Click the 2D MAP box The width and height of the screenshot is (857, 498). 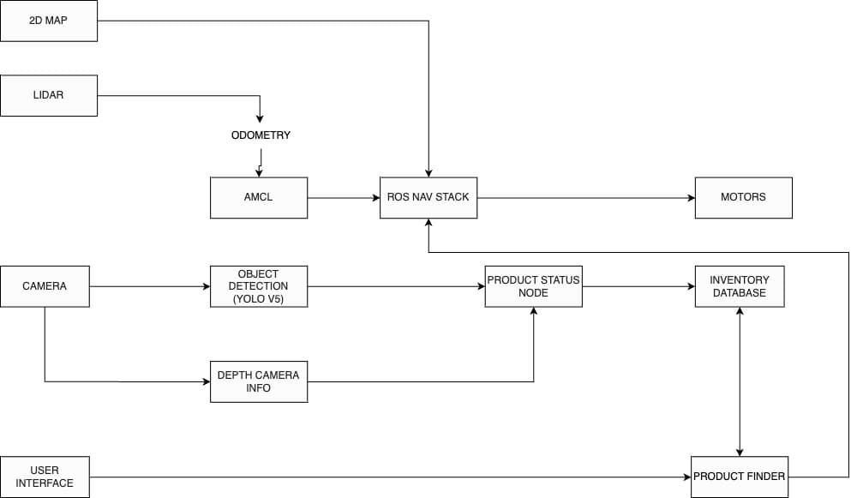point(48,21)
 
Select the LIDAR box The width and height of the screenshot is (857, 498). point(48,95)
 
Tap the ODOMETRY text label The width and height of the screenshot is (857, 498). point(261,135)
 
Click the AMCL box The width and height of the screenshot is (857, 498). point(258,197)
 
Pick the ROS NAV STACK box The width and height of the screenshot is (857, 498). point(428,197)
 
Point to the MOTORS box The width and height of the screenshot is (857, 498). point(743,197)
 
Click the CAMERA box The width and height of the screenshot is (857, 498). point(45,286)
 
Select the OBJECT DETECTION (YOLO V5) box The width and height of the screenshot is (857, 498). point(258,286)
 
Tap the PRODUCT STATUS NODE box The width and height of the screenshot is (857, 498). point(533,286)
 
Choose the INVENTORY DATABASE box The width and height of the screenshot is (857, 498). point(739,286)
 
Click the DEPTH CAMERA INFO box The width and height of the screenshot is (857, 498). point(258,381)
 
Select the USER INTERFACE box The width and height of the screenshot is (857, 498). point(45,477)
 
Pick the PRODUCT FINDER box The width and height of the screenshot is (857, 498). point(739,477)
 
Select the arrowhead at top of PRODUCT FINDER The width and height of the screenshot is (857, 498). point(740,452)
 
